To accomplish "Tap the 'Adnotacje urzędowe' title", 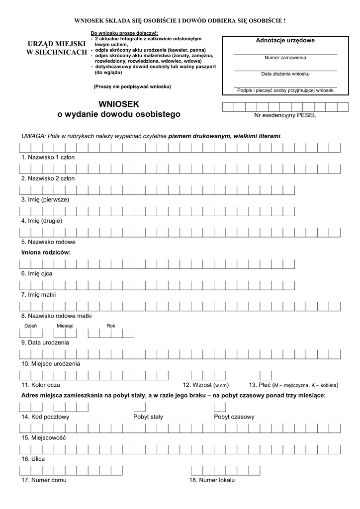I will click(285, 40).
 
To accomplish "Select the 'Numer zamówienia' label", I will click(285, 58).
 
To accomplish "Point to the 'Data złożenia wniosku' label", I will click(285, 74).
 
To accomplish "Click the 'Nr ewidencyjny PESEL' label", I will click(285, 115).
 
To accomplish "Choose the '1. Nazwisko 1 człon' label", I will click(48, 157).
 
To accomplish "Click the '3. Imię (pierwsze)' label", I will click(45, 199).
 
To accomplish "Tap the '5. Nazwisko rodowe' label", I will click(48, 242).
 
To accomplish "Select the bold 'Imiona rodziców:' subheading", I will click(46, 253).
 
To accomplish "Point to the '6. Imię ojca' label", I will click(37, 273).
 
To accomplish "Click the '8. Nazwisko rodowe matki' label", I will click(56, 316).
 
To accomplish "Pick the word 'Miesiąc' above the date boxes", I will click(65, 326).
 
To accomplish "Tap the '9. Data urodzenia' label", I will click(45, 342).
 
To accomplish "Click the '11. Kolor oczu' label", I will click(41, 385).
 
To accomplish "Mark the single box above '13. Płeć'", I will click(266, 375).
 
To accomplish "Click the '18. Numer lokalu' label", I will click(212, 480).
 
